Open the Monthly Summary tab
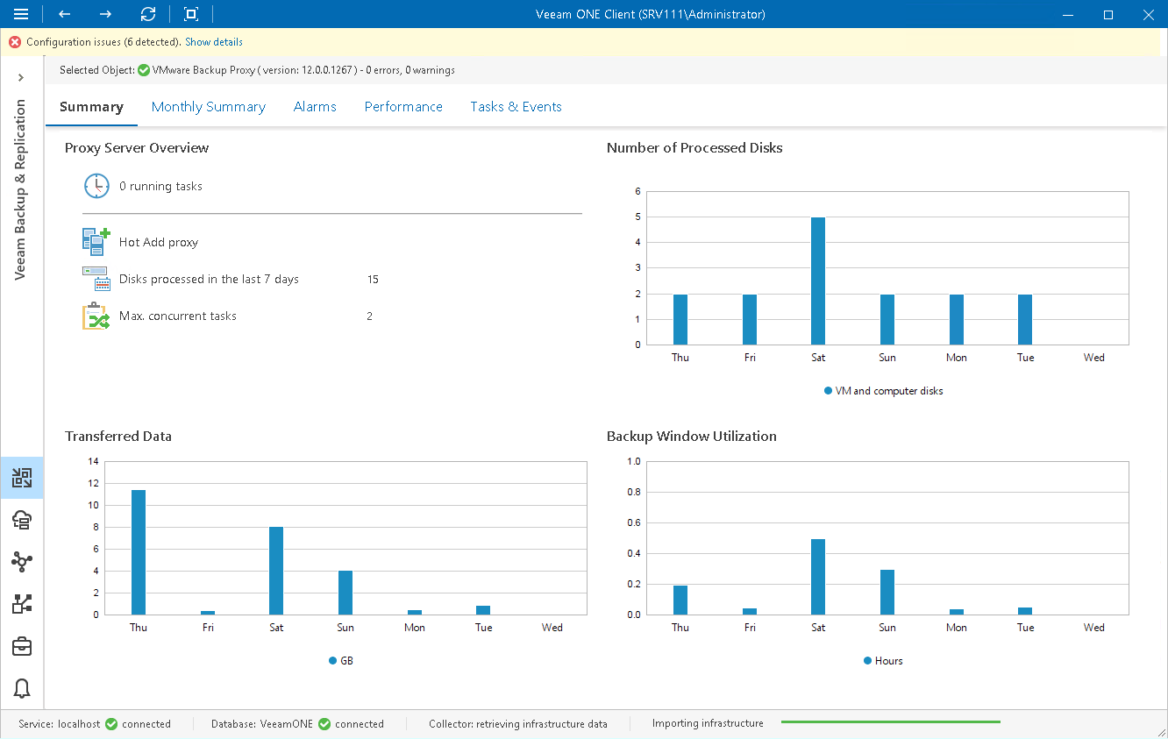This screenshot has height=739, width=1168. (208, 107)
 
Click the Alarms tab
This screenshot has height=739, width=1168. (315, 107)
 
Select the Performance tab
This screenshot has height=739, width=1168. (403, 107)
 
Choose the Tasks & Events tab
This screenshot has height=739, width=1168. (516, 107)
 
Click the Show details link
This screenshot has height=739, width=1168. (214, 42)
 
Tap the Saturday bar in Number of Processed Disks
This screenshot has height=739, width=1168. (818, 281)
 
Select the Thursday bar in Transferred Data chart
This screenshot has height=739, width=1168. (139, 552)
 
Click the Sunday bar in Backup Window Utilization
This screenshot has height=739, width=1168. (887, 592)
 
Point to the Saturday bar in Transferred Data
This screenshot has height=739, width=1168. (276, 571)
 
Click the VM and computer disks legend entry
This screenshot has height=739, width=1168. (888, 391)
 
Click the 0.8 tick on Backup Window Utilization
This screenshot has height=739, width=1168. (634, 492)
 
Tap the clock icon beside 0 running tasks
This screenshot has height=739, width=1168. (96, 186)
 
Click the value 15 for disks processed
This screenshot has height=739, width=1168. (373, 280)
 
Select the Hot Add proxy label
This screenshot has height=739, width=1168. (159, 242)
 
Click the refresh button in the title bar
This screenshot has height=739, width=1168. (148, 14)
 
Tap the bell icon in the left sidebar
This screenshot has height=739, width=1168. (22, 688)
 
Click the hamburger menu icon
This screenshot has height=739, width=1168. (22, 14)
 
